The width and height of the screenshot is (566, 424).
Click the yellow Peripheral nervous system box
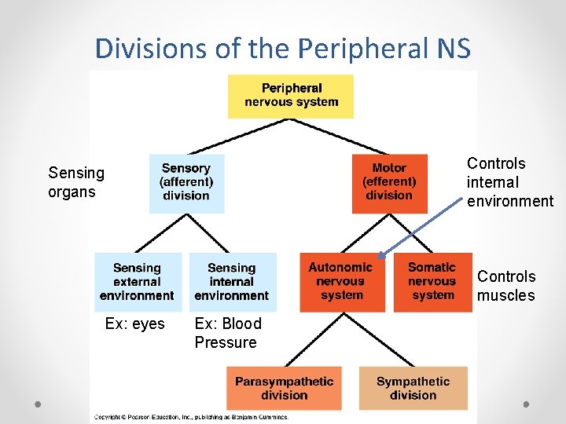[x=291, y=96]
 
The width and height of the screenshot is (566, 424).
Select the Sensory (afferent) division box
[x=186, y=183]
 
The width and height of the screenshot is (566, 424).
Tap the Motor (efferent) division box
[x=389, y=183]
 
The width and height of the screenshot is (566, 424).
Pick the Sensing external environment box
[x=138, y=282]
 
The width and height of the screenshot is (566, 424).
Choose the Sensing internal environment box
[x=232, y=282]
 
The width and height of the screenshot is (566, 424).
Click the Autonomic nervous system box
[x=341, y=282]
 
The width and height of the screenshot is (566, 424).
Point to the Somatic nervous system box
[x=432, y=282]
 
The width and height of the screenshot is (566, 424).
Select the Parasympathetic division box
[x=285, y=388]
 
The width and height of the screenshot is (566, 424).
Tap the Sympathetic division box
[x=413, y=388]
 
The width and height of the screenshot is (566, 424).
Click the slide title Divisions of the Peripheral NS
[x=283, y=49]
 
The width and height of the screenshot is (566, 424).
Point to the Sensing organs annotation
[x=76, y=182]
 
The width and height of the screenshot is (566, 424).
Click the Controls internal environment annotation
[x=509, y=182]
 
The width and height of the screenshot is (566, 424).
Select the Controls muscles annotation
[x=506, y=286]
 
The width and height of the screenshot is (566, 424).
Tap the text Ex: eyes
[x=135, y=323]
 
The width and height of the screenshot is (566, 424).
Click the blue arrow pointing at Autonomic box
[x=421, y=228]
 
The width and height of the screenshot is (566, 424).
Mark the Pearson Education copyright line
[x=191, y=417]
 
